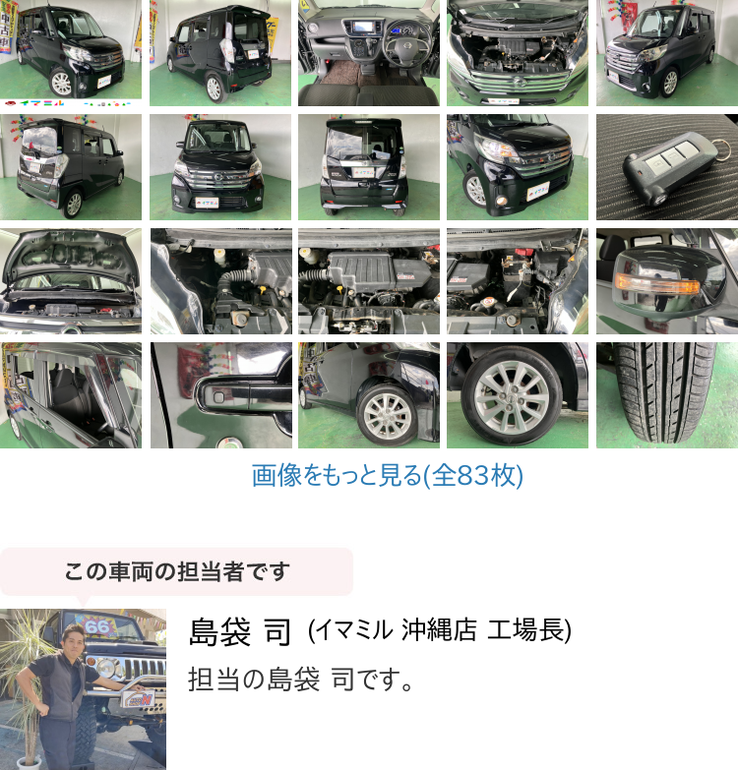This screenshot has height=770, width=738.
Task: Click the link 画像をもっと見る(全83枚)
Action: [x=387, y=475]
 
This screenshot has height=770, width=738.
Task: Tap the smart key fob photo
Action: [x=667, y=167]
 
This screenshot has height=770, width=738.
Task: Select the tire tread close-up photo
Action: [x=667, y=395]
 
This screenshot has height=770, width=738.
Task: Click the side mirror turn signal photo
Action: [x=667, y=281]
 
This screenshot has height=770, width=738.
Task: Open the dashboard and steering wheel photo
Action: [x=369, y=53]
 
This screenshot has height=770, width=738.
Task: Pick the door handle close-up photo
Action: [x=221, y=395]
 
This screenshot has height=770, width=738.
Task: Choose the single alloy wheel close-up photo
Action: [x=518, y=395]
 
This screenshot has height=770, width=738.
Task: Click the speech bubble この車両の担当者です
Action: [x=176, y=572]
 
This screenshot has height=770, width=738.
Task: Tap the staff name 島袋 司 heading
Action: [x=240, y=631]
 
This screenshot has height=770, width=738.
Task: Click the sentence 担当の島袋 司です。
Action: [x=300, y=680]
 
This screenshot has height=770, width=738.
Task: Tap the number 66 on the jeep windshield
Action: [x=97, y=626]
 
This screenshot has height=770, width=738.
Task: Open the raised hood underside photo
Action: [x=70, y=281]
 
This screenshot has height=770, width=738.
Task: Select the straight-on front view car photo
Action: [x=220, y=167]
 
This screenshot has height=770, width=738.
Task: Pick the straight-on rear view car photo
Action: [x=369, y=167]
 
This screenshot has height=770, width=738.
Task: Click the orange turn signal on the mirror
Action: [x=657, y=283]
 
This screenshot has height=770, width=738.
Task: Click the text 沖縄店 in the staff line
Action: [x=439, y=630]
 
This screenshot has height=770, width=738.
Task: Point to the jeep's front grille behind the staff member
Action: [x=143, y=667]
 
